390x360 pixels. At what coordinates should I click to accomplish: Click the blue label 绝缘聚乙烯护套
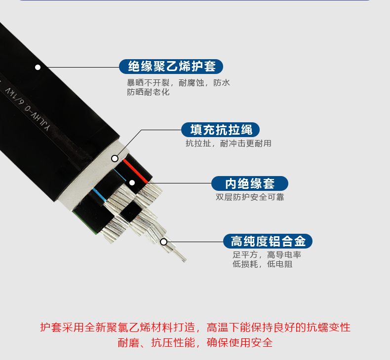click(x=171, y=67)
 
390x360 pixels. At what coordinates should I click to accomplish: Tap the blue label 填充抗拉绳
click(x=220, y=130)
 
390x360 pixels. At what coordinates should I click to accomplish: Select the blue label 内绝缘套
click(x=250, y=183)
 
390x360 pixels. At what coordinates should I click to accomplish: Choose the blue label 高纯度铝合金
click(x=268, y=241)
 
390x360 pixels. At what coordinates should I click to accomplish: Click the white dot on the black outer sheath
click(x=38, y=67)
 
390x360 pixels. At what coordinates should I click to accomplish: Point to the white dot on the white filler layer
click(x=115, y=158)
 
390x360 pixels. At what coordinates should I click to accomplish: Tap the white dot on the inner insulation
click(x=132, y=183)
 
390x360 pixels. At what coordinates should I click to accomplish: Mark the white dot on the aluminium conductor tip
click(x=164, y=242)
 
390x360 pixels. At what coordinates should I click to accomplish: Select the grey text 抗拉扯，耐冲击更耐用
click(x=229, y=144)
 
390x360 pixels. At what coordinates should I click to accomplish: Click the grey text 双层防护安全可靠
click(x=250, y=197)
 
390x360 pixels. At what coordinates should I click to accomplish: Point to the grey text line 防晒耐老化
click(x=148, y=92)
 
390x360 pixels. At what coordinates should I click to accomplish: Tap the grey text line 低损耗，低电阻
click(x=263, y=264)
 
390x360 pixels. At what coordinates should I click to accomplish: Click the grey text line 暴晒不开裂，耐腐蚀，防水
click(x=178, y=83)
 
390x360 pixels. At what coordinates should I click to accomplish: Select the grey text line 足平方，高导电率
click(x=267, y=254)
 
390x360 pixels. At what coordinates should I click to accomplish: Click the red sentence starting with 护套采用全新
click(x=195, y=327)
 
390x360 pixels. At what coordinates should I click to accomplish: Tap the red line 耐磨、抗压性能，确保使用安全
click(x=195, y=343)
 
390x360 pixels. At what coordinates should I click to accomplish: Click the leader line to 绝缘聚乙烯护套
click(x=80, y=67)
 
